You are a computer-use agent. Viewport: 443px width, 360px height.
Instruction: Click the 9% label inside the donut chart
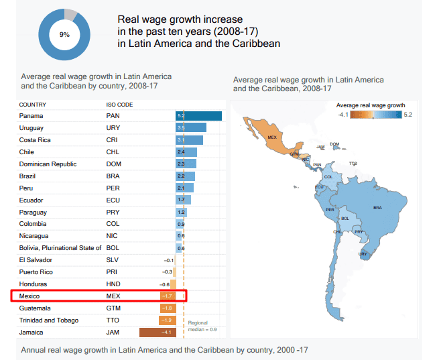(64, 34)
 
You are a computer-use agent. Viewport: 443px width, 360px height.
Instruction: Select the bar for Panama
(199, 116)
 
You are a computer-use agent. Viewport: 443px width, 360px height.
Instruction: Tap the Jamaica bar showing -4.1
(157, 333)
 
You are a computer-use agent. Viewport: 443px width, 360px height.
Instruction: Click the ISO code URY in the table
(113, 128)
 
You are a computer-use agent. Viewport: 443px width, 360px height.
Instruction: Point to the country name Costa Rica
(35, 140)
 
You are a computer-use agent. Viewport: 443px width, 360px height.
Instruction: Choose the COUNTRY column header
(32, 105)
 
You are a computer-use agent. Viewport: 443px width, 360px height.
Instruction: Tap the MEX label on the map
(272, 137)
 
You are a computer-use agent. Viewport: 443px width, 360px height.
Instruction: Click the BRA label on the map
(377, 208)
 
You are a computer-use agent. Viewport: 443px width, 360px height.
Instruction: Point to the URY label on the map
(363, 254)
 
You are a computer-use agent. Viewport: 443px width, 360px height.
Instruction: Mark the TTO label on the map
(353, 163)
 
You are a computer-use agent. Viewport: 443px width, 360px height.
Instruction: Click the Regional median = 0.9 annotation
(202, 326)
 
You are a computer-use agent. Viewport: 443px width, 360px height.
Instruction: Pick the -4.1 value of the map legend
(342, 115)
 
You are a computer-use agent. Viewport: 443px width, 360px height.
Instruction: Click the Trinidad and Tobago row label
(49, 320)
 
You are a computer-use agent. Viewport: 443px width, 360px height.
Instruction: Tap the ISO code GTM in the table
(113, 308)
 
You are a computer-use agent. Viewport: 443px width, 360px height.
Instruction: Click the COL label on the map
(328, 177)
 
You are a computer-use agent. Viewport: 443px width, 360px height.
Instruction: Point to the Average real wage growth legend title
(371, 105)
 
